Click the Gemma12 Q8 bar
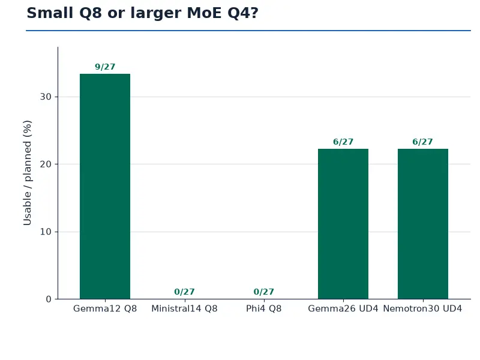tap(105, 187)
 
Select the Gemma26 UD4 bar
tap(343, 224)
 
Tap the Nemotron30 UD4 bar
tap(423, 224)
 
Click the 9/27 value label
tap(105, 67)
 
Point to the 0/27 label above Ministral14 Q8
tap(184, 292)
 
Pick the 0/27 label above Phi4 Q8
tap(263, 292)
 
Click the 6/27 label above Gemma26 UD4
tap(343, 142)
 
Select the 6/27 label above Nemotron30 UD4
tap(422, 142)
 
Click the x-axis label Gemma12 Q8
tap(105, 308)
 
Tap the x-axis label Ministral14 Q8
tap(184, 308)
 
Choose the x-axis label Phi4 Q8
tap(263, 308)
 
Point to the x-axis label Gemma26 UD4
tap(343, 308)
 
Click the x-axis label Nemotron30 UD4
tap(422, 308)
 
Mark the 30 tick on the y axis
tap(46, 97)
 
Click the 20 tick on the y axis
tap(46, 164)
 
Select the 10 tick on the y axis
tap(46, 232)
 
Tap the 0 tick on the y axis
tap(49, 299)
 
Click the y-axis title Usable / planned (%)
tap(27, 173)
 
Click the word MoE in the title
tap(204, 13)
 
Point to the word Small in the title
tap(50, 13)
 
